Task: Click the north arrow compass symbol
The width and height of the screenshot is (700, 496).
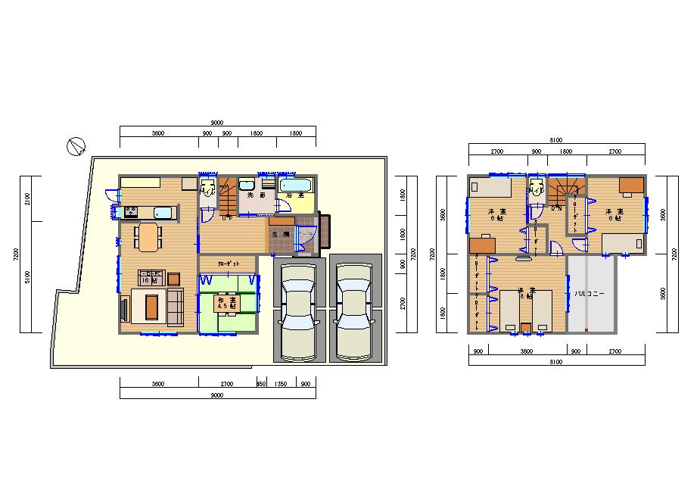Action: coord(76,145)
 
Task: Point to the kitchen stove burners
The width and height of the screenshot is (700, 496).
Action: coord(132,211)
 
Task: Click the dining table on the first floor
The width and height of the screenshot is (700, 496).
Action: coord(148,236)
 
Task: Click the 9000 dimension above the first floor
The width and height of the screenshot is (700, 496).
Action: coord(216,123)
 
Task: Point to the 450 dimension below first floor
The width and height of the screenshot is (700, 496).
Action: coord(261,384)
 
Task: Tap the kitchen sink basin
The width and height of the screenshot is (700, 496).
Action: coord(163,212)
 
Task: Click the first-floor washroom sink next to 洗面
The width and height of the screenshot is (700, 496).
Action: coord(247,185)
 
